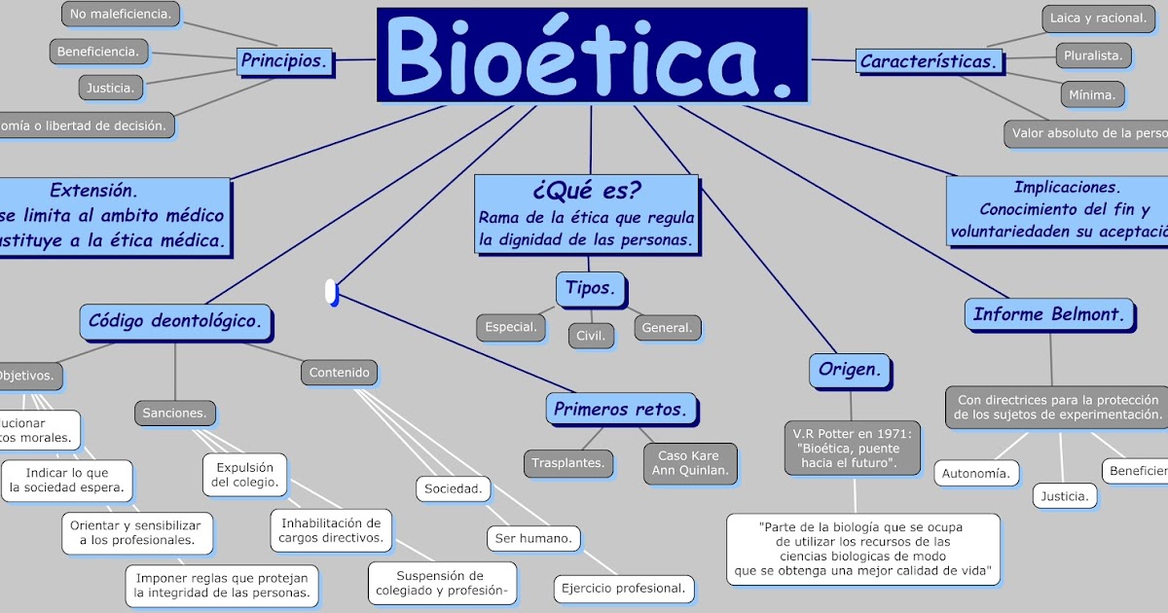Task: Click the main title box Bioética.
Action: pyautogui.click(x=592, y=54)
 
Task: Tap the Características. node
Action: pyautogui.click(x=930, y=61)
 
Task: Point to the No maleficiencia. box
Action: pyautogui.click(x=122, y=14)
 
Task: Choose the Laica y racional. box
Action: pyautogui.click(x=1095, y=18)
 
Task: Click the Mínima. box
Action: pyautogui.click(x=1092, y=94)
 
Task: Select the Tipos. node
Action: pyautogui.click(x=590, y=288)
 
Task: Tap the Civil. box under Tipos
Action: pyautogui.click(x=591, y=336)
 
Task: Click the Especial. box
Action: pyautogui.click(x=511, y=327)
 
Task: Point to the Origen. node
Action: pyautogui.click(x=849, y=370)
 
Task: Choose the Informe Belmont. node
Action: pyautogui.click(x=1049, y=314)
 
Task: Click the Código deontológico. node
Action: pyautogui.click(x=175, y=320)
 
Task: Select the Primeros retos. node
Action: pyautogui.click(x=621, y=409)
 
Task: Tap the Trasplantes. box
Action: pyautogui.click(x=568, y=463)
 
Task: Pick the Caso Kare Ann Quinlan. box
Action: pyautogui.click(x=689, y=463)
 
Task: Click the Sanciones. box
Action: pyautogui.click(x=174, y=413)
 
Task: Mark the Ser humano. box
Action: pyautogui.click(x=532, y=537)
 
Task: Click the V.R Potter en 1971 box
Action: pyautogui.click(x=852, y=448)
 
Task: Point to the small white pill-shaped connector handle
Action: pyautogui.click(x=331, y=292)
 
